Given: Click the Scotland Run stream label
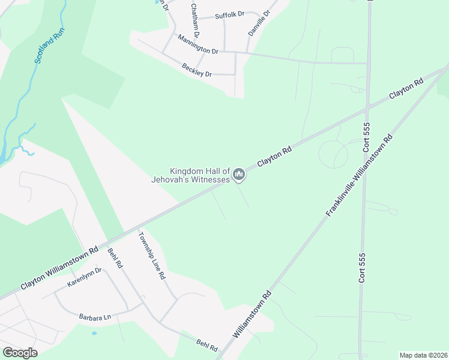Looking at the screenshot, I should [49, 48].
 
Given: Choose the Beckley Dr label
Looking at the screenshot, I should [197, 70].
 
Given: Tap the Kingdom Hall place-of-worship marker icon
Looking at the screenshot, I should [239, 175].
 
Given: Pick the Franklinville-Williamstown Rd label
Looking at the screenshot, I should [359, 175].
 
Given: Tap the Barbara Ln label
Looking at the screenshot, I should [95, 316].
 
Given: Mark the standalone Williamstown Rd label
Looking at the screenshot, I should [253, 314].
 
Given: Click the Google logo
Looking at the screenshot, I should [20, 353].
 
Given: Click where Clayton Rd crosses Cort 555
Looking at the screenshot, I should [367, 109].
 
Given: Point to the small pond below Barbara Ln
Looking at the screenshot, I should [94, 332].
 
